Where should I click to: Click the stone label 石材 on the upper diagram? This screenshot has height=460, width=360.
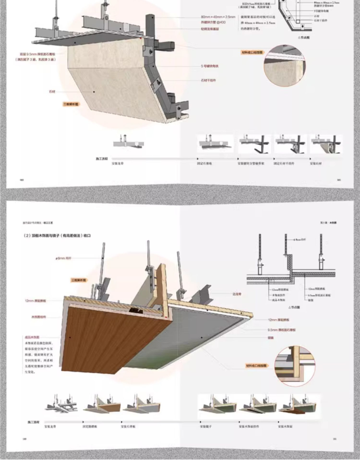tap(52, 92)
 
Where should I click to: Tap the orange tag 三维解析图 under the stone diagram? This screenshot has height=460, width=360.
tap(71, 104)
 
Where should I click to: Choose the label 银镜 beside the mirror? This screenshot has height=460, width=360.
tap(271, 338)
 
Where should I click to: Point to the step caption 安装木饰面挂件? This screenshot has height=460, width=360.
tap(248, 427)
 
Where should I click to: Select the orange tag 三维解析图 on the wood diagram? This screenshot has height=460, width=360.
tap(78, 280)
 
